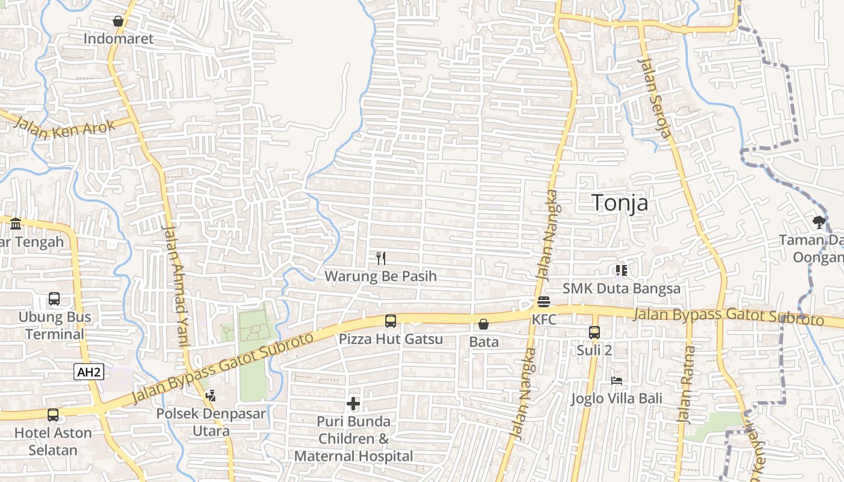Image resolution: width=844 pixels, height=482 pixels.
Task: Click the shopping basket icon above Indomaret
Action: tap(118, 21)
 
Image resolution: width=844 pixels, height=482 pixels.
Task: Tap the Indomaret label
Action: tap(119, 39)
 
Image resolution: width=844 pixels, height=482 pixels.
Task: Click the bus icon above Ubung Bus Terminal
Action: tap(54, 299)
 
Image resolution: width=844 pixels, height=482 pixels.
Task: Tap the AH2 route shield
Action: tap(89, 372)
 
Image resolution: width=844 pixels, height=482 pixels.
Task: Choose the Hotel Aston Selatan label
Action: tap(53, 441)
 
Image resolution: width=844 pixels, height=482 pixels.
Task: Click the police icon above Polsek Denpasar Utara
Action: tap(210, 396)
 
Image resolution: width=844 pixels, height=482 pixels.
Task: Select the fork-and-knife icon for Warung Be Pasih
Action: tap(380, 258)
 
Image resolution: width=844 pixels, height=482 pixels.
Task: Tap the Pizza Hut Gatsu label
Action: tap(391, 339)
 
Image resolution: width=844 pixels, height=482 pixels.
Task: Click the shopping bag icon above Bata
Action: tap(483, 324)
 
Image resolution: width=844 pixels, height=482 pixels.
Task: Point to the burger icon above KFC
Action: tap(544, 302)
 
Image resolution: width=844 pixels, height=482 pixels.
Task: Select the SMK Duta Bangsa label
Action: tap(622, 289)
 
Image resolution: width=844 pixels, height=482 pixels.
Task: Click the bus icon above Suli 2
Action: tap(594, 332)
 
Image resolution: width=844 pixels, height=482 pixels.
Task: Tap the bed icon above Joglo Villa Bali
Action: tap(617, 381)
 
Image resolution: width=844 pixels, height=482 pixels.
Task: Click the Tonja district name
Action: tap(620, 203)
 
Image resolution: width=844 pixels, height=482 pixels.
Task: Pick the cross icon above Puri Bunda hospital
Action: tap(354, 404)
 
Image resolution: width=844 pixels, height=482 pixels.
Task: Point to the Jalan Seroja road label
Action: tap(654, 96)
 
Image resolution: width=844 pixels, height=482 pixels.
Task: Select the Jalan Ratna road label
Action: tap(686, 384)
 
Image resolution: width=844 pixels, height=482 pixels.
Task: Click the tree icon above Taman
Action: tap(819, 222)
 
